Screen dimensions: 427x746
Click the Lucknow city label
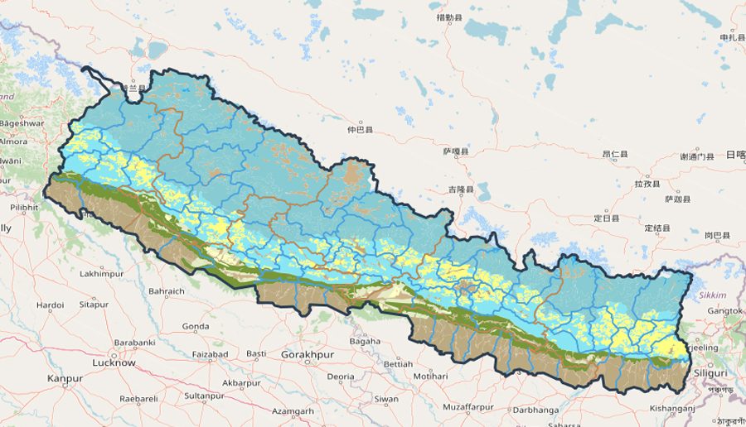click(114, 362)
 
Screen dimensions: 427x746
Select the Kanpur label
click(65, 378)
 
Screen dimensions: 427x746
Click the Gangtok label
click(724, 310)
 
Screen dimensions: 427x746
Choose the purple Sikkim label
click(712, 295)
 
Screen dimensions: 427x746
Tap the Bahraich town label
click(166, 291)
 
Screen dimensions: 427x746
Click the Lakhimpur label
click(103, 273)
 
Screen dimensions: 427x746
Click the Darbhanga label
click(530, 408)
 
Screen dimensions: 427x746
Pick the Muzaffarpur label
click(468, 406)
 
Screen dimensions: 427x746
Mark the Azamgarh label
click(293, 411)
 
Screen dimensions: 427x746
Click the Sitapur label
click(94, 305)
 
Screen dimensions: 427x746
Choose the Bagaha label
click(365, 341)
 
